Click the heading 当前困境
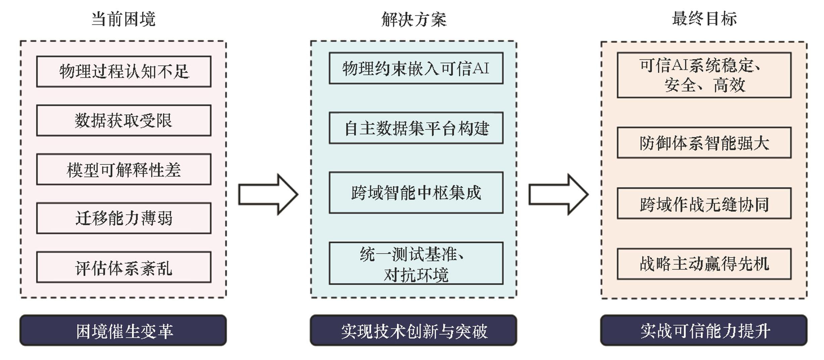[123, 19]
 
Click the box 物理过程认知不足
[124, 72]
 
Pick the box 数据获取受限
[124, 120]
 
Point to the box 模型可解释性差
[124, 169]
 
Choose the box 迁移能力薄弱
[124, 218]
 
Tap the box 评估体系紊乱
[124, 267]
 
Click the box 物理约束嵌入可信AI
[416, 68]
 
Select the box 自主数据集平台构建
[416, 128]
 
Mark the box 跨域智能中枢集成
[416, 192]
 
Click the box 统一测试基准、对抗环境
[416, 263]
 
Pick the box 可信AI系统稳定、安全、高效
[704, 75]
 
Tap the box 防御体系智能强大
[704, 142]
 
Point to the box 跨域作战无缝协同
[704, 203]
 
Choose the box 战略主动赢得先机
[704, 264]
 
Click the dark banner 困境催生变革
[123, 330]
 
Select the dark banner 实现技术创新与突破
[413, 330]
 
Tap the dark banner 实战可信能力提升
[704, 330]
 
